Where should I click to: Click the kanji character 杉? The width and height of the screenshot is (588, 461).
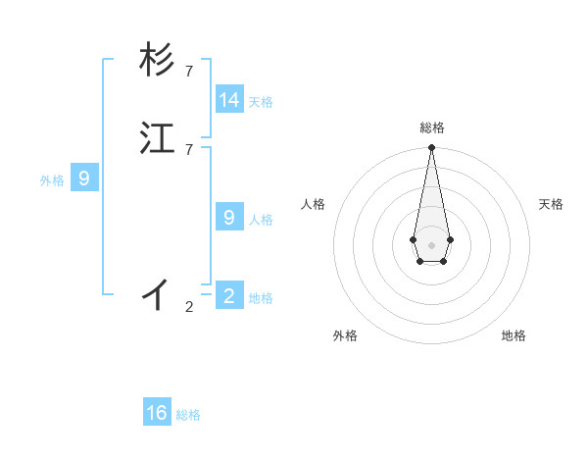[158, 61]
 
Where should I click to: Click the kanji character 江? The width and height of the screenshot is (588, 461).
[158, 137]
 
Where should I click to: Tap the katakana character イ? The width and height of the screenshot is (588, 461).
[158, 292]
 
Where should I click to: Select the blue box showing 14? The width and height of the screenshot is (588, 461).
[229, 100]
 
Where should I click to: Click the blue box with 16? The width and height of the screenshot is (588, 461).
[157, 413]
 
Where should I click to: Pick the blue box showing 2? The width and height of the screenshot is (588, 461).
[229, 296]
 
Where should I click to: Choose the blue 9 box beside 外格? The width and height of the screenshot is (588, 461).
[84, 179]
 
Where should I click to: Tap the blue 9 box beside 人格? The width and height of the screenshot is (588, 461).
[229, 218]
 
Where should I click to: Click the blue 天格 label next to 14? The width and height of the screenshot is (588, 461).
[261, 102]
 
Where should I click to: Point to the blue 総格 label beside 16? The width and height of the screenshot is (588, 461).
[188, 415]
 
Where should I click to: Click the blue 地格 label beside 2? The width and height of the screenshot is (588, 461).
[261, 298]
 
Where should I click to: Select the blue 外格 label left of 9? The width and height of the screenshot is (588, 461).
[52, 180]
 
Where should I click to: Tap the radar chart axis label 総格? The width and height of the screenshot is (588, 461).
[431, 128]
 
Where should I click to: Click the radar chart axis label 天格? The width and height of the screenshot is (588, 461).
[551, 204]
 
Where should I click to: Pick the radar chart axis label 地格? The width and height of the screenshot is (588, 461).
[514, 335]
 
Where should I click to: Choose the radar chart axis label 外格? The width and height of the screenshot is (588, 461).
[345, 335]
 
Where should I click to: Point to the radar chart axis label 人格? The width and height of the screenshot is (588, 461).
[314, 204]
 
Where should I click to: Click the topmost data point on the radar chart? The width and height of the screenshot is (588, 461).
[431, 148]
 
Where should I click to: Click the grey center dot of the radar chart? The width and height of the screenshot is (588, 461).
[431, 244]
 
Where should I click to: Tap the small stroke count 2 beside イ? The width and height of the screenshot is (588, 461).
[189, 307]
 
